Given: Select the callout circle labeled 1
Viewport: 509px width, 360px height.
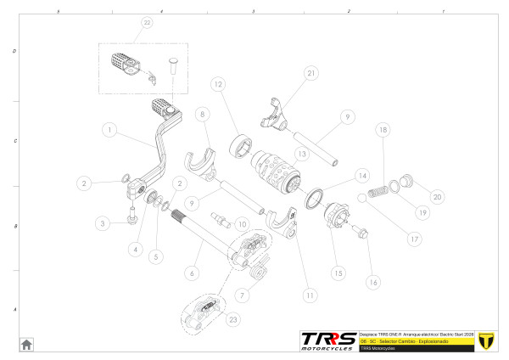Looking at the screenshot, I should tap(109, 131).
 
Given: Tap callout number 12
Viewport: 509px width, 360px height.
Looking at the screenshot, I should tap(218, 85).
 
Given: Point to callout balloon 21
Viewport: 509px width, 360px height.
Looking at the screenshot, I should tap(310, 74).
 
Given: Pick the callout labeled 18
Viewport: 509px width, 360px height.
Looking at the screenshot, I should tap(383, 130).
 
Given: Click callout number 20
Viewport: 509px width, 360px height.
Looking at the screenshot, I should tap(438, 196).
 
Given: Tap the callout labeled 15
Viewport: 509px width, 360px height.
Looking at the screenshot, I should tap(338, 273).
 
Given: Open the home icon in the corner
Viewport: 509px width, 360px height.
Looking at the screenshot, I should tap(26, 344).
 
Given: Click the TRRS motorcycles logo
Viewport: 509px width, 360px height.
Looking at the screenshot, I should tap(328, 340).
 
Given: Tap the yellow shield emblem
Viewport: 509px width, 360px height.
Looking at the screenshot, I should tap(486, 340).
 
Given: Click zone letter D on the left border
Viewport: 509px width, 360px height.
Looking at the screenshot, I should tap(14, 51).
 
